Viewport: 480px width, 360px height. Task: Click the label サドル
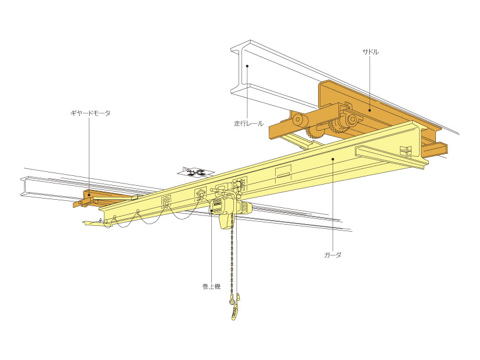[x=370, y=52]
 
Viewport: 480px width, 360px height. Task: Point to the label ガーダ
[x=333, y=255]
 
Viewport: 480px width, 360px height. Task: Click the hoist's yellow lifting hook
[x=232, y=302]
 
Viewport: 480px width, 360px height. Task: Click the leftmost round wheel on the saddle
[x=299, y=120]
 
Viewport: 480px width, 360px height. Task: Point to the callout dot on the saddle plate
[x=370, y=111]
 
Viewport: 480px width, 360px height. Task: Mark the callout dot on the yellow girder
[x=333, y=157]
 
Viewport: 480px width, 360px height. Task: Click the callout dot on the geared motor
[x=89, y=195]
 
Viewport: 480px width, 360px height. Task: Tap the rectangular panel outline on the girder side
[x=283, y=173]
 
